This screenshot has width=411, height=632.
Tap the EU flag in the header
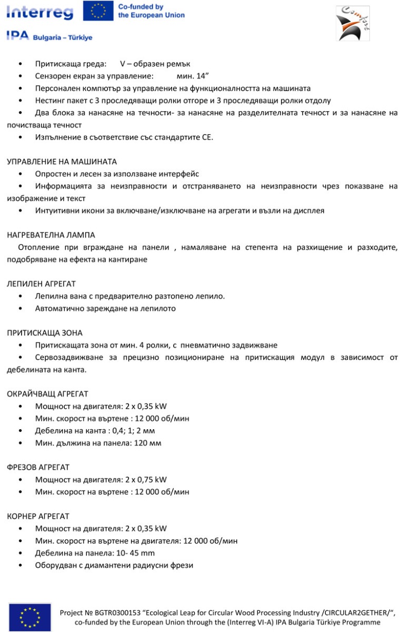click(x=98, y=11)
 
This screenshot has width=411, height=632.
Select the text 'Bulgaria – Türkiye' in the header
click(x=63, y=38)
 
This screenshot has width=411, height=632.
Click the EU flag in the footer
click(x=30, y=617)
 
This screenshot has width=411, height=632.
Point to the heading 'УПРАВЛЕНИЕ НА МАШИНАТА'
click(x=62, y=161)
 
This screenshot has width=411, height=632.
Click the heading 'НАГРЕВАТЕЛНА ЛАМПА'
click(x=51, y=235)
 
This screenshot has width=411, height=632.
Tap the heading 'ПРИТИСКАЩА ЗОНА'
click(x=45, y=333)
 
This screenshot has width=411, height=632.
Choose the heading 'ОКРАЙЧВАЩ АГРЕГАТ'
click(x=47, y=393)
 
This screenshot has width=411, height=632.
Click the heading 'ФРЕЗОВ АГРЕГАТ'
click(x=38, y=467)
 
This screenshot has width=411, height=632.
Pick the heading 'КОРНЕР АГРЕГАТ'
click(x=38, y=516)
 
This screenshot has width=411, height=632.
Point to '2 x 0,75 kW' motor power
click(x=146, y=479)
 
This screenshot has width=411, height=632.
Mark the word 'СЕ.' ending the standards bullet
click(x=207, y=137)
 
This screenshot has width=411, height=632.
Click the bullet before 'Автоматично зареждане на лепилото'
click(x=20, y=309)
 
